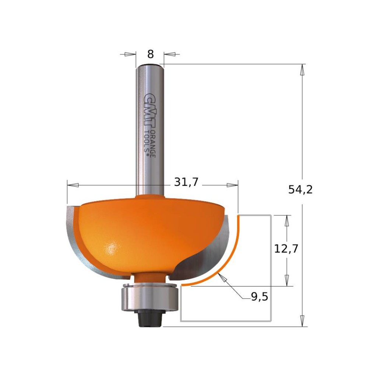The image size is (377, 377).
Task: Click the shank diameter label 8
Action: tap(150, 54)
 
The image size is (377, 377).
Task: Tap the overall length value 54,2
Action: tap(300, 190)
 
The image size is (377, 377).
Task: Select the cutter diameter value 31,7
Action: tap(186, 182)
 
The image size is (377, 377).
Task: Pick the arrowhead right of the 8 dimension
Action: tap(170, 54)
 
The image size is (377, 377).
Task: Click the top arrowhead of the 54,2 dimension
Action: tap(303, 70)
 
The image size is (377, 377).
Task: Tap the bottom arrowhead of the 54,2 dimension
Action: tap(303, 321)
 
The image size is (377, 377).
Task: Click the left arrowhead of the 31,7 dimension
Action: tap(73, 184)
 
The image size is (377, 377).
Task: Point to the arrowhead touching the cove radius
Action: tap(222, 278)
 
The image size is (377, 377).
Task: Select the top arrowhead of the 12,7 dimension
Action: tap(286, 220)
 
